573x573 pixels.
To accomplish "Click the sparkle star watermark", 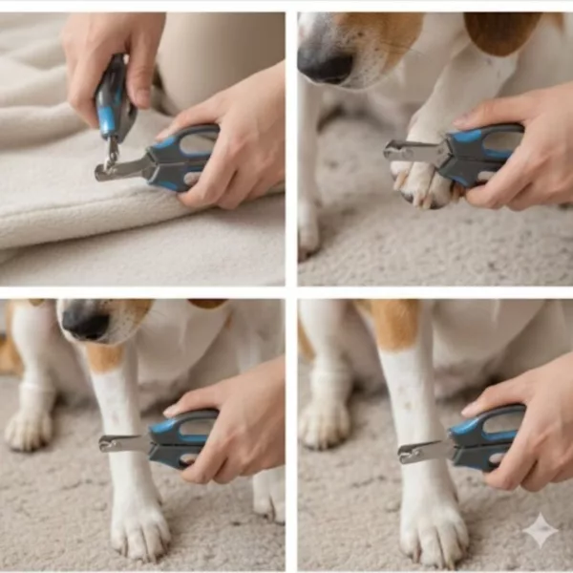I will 540,531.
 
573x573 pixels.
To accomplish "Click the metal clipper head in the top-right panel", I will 411,150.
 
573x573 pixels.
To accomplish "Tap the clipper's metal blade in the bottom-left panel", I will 123,443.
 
